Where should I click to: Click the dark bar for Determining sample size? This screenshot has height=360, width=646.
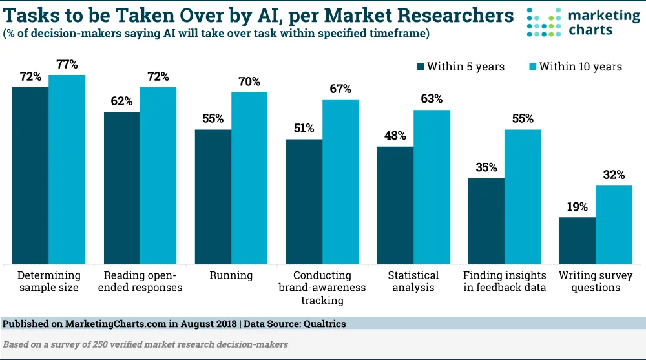(30, 175)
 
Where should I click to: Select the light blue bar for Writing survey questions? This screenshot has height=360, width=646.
(614, 224)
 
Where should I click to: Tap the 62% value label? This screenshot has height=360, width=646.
(121, 101)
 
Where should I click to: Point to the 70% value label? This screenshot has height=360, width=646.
(249, 81)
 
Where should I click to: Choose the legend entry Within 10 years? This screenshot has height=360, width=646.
(575, 67)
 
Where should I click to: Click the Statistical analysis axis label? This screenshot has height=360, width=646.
(413, 281)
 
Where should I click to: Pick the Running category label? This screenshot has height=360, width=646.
(231, 275)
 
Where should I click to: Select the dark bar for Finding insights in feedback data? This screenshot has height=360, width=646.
(486, 220)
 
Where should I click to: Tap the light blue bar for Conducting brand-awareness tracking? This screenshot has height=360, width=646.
(340, 181)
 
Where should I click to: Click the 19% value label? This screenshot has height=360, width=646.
(577, 207)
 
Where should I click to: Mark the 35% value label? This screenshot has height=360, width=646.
(486, 167)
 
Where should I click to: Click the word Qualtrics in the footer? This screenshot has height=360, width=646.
(326, 323)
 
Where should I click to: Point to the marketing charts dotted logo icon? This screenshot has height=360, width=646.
(543, 23)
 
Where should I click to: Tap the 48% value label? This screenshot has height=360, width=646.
(395, 136)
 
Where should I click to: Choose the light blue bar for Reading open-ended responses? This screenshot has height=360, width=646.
(158, 175)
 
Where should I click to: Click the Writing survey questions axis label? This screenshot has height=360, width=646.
(595, 281)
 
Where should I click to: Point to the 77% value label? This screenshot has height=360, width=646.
(67, 64)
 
